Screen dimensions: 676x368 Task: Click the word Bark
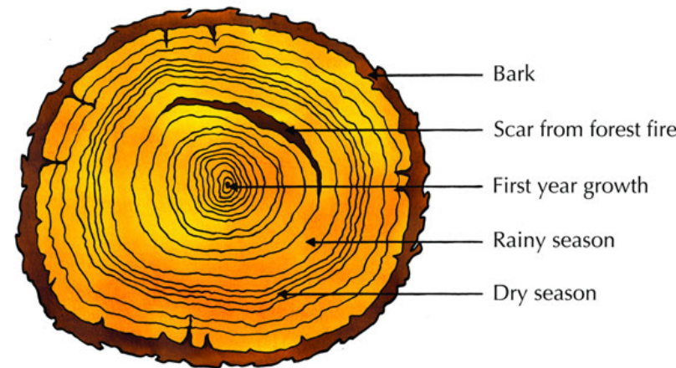click(x=514, y=74)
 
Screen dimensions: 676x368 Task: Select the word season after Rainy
click(x=584, y=240)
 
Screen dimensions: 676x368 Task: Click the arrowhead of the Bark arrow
click(x=373, y=75)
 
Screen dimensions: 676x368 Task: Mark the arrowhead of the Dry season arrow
click(x=282, y=294)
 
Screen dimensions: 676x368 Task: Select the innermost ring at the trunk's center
click(x=228, y=186)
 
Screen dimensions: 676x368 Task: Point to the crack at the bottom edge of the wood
click(x=189, y=331)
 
